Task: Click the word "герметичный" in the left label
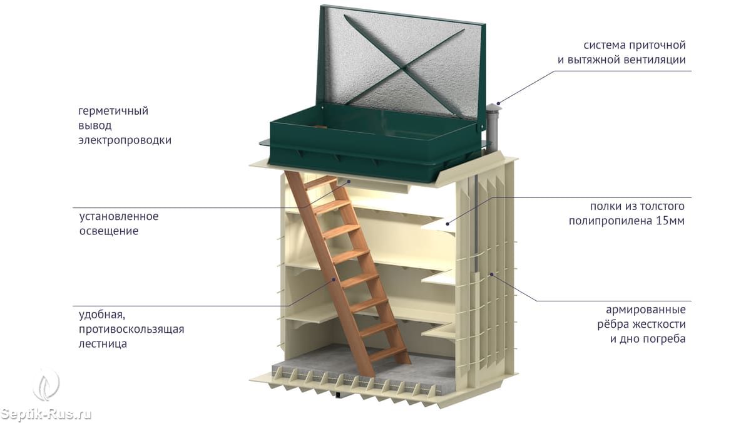113,112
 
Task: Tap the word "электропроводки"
125,140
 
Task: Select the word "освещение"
108,231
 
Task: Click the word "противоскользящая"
131,329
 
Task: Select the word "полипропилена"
610,221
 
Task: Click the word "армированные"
645,310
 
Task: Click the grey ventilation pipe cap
493,112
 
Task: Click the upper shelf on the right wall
438,224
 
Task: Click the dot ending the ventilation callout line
498,102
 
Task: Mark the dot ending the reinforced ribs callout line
492,274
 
